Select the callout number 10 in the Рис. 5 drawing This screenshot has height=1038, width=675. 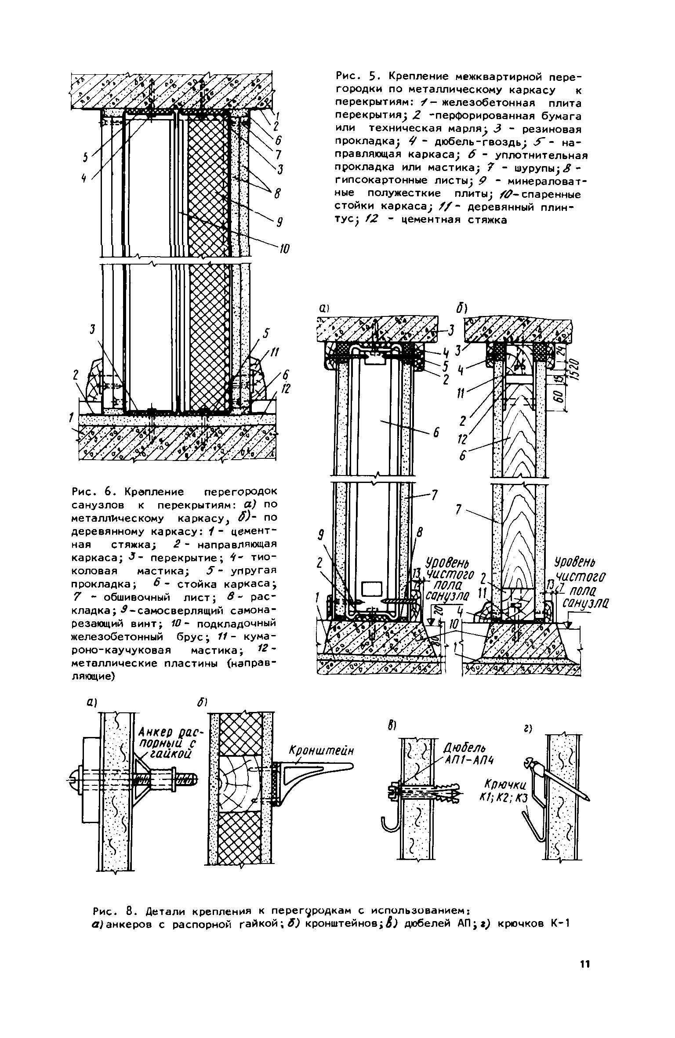284,250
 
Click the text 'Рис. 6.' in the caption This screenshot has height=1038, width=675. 87,490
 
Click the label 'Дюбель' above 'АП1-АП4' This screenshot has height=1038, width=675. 461,748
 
